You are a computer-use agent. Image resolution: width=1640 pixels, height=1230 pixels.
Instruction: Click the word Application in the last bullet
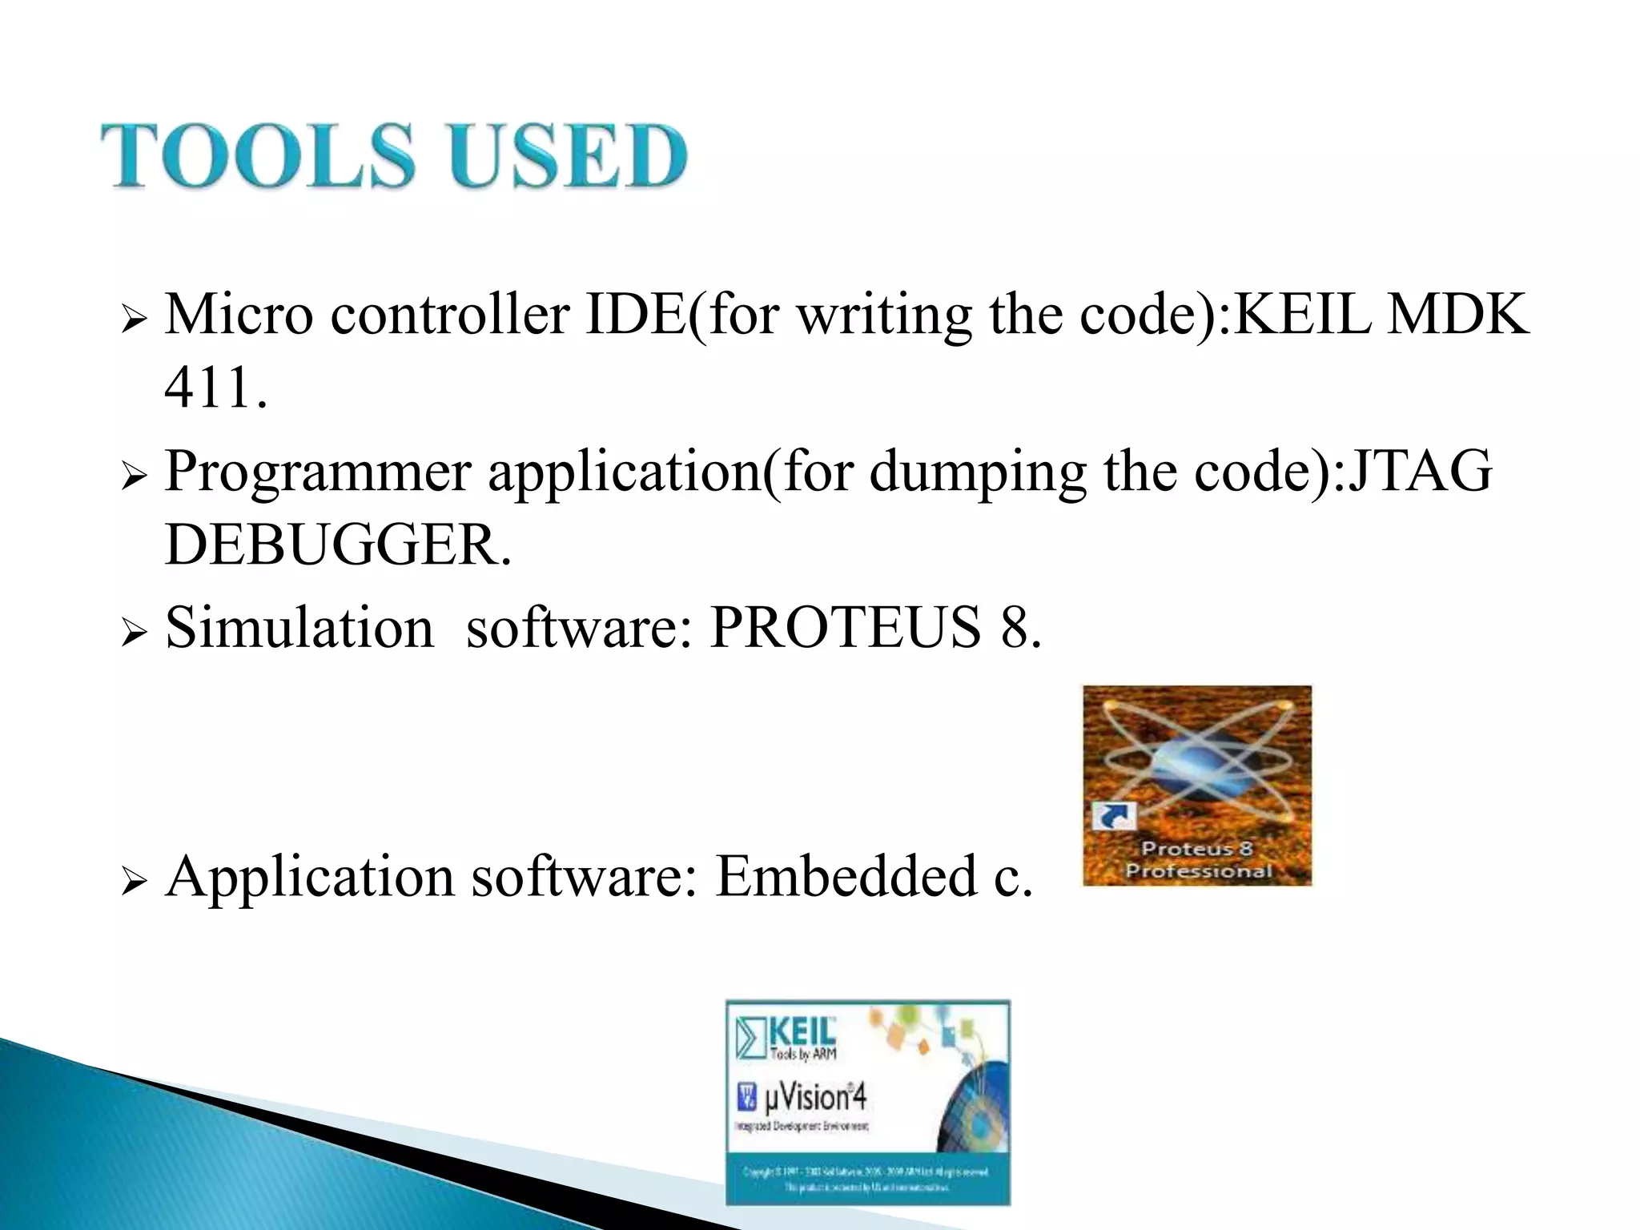308,878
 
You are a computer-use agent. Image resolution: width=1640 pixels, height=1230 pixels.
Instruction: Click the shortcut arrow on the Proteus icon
1114,817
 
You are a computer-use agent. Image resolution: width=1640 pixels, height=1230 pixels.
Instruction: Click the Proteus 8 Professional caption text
1198,859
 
